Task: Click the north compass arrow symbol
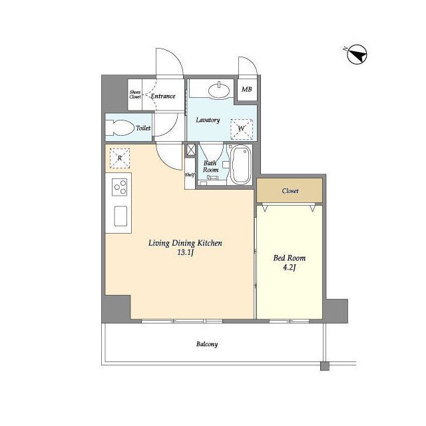(x=357, y=55)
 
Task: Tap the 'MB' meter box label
(x=246, y=89)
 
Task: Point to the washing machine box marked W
(x=242, y=129)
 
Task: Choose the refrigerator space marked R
(x=120, y=158)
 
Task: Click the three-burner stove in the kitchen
(x=120, y=187)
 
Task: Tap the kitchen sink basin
(x=120, y=216)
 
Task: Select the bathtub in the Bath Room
(x=240, y=164)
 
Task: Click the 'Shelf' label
(x=189, y=175)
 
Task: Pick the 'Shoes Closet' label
(x=135, y=95)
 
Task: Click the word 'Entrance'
(x=163, y=96)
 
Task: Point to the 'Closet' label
(x=290, y=191)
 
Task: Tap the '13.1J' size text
(x=185, y=253)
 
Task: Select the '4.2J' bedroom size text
(x=290, y=268)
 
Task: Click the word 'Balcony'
(x=207, y=344)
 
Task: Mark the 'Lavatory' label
(x=208, y=120)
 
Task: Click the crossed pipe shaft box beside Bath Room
(x=190, y=150)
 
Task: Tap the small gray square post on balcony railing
(x=325, y=366)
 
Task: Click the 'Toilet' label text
(x=143, y=128)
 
